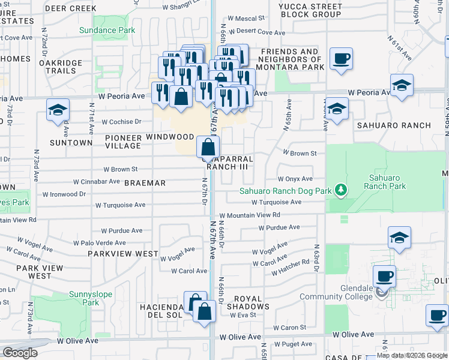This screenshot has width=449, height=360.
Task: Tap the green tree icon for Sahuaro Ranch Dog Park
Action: pos(341,191)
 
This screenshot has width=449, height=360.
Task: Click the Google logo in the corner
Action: pos(20,353)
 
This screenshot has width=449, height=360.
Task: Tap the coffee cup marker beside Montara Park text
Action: pos(342,59)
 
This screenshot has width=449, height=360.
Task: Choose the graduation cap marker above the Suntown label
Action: pos(58,110)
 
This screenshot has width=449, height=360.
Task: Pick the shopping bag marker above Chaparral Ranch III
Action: pos(207,146)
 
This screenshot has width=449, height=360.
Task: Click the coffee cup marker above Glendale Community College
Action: pos(384,277)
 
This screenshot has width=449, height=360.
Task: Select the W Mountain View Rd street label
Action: pos(250,215)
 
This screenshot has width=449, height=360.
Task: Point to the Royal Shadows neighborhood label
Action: pos(248,302)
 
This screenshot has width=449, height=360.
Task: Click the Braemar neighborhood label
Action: pos(144,182)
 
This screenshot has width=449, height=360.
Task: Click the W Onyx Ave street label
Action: pos(295,179)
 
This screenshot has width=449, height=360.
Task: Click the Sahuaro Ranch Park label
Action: pos(385,182)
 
